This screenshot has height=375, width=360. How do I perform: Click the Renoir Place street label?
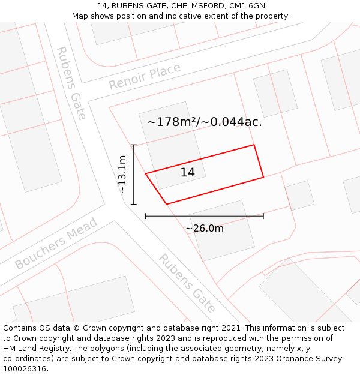tap(145, 77)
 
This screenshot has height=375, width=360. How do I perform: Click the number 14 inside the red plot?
tap(187, 173)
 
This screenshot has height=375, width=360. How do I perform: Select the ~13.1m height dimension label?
tap(122, 174)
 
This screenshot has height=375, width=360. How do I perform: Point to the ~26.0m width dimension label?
tap(204, 228)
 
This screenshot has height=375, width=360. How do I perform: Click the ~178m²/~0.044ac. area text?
tap(204, 122)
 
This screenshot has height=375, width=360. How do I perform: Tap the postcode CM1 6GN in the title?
tap(247, 6)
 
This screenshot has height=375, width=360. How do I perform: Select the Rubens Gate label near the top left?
tap(71, 83)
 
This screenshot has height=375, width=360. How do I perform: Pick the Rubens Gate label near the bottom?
tap(187, 283)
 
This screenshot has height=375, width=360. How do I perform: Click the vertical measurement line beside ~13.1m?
tap(134, 174)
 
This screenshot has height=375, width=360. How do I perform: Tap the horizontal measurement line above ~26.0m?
tap(204, 216)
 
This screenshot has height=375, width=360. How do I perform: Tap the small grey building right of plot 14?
tap(299, 195)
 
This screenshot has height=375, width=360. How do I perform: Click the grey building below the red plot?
tap(222, 230)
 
